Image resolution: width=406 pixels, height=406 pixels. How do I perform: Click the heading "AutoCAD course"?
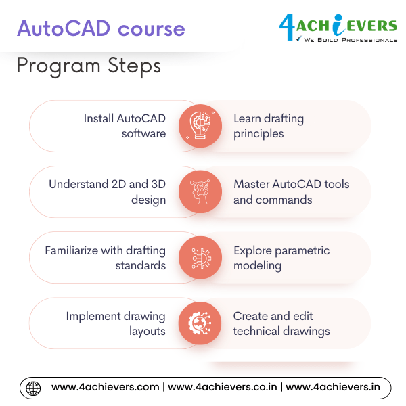coord(101,29)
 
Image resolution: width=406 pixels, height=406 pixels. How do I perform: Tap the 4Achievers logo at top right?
coord(338,26)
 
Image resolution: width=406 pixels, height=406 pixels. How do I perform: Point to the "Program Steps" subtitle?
coord(89,66)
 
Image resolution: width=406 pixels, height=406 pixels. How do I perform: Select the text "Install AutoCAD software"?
coord(125,126)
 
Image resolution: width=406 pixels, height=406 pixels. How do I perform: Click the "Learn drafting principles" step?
coord(269,126)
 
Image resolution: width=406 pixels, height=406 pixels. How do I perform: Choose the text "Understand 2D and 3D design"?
coord(107,191)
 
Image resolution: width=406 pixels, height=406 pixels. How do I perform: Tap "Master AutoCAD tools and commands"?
coord(292,191)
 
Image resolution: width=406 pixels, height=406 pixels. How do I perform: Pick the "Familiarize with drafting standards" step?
coord(105,258)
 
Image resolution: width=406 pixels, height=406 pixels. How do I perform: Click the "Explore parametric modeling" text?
coord(281,258)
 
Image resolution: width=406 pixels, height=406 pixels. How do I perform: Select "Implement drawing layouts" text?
coord(116,323)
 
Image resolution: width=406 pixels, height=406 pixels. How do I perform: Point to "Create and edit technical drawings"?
coord(281,323)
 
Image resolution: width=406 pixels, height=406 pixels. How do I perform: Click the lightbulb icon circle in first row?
coord(200,126)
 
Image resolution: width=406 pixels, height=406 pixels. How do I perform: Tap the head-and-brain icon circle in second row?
coord(200,191)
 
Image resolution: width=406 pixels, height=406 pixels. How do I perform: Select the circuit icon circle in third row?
coord(200,258)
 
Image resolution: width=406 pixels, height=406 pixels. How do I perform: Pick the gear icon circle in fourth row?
coord(200,323)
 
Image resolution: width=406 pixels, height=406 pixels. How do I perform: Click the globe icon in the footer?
coord(33,388)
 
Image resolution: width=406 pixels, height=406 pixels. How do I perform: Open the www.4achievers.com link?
coord(105,388)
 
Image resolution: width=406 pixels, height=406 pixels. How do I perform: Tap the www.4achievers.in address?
coord(333,388)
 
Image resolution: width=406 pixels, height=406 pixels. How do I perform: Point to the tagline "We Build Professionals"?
coord(351,40)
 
